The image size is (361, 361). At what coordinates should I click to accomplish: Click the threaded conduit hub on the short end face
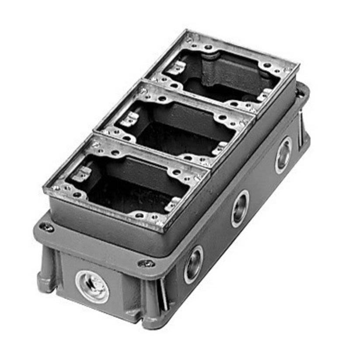pyautogui.click(x=92, y=286)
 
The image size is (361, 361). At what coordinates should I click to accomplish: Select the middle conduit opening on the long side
pyautogui.click(x=240, y=208)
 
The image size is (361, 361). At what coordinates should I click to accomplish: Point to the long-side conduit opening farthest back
pyautogui.click(x=284, y=155)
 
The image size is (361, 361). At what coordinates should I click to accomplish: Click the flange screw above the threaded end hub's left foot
pyautogui.click(x=46, y=227)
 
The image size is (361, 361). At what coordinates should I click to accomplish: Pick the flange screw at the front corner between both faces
pyautogui.click(x=146, y=264)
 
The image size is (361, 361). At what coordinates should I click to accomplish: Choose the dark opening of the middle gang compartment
pyautogui.click(x=175, y=131)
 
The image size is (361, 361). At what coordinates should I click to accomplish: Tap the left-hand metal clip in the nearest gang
pyautogui.click(x=81, y=174)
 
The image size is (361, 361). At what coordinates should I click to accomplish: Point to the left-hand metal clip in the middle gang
pyautogui.click(x=129, y=119)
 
